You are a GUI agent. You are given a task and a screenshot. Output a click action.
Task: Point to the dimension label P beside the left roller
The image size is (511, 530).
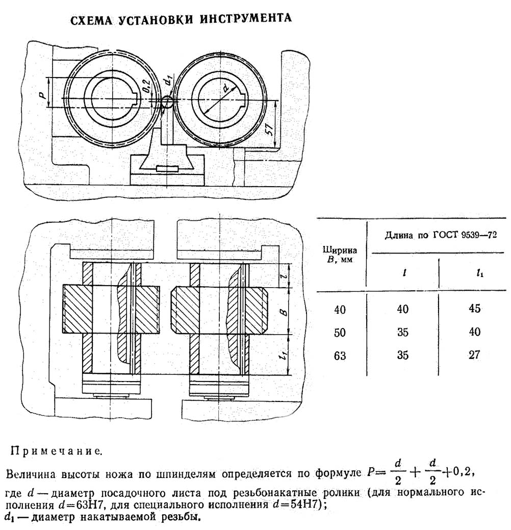[43, 92]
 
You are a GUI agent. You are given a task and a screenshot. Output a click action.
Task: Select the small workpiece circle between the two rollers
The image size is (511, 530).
[166, 102]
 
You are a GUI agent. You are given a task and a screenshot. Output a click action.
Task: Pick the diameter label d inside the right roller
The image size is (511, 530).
[224, 89]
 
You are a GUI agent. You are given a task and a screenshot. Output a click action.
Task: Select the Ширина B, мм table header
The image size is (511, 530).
[339, 254]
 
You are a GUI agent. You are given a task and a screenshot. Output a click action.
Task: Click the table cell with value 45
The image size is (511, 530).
[474, 309]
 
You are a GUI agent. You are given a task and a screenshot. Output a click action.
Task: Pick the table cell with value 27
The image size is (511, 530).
[474, 355]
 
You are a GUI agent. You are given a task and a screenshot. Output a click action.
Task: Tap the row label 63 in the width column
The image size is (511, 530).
[339, 356]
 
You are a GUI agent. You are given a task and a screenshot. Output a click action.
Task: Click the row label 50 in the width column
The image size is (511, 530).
[339, 333]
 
